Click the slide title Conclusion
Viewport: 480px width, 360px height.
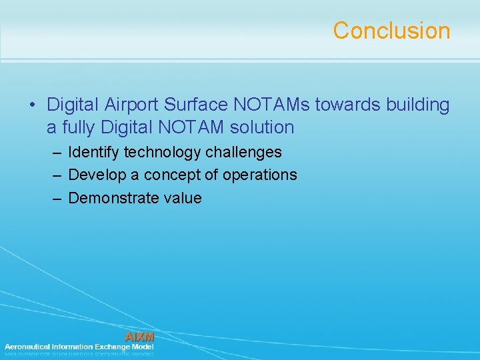391,31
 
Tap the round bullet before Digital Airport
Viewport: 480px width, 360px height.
32,105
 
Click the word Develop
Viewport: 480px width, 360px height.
95,175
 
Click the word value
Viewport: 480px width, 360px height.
180,198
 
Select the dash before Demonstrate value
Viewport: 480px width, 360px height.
57,198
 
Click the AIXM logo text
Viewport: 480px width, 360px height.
139,337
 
